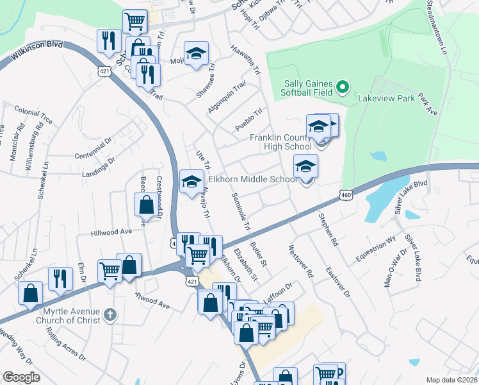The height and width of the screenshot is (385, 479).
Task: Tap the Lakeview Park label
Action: pyautogui.click(x=382, y=99)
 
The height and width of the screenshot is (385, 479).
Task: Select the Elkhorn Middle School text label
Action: pyautogui.click(x=253, y=180)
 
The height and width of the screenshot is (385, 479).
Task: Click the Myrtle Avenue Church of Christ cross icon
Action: pyautogui.click(x=110, y=314)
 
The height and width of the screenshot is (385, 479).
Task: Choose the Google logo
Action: pyautogui.click(x=21, y=377)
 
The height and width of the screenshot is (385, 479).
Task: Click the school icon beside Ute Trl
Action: pyautogui.click(x=191, y=182)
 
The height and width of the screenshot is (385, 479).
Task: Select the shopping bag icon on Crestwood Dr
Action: pyautogui.click(x=146, y=205)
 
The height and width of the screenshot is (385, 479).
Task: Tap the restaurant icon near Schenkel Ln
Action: pyautogui.click(x=60, y=278)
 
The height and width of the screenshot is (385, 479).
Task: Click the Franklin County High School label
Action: pyautogui.click(x=280, y=142)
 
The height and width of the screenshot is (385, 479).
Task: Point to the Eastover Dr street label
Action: pyautogui.click(x=338, y=282)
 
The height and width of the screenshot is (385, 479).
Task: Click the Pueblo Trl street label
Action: pyautogui.click(x=249, y=121)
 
